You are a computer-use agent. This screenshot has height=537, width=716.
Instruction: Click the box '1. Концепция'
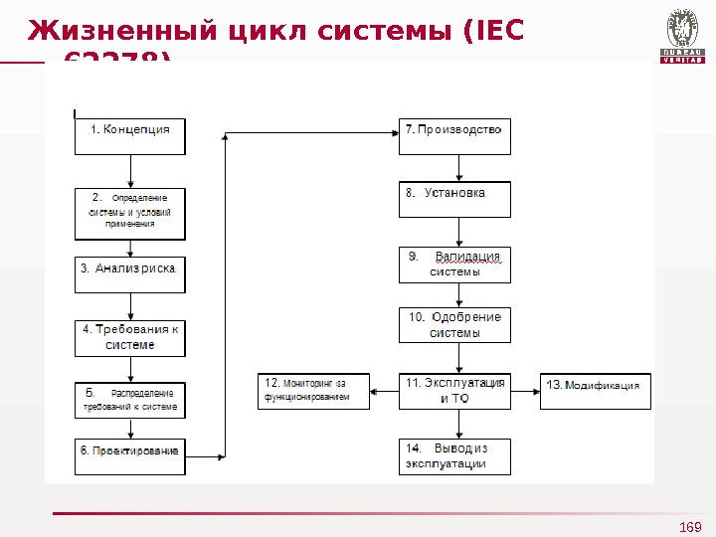pyautogui.click(x=130, y=137)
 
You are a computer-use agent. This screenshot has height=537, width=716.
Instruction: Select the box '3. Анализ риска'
pyautogui.click(x=130, y=274)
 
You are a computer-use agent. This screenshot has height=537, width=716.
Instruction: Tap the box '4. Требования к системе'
pyautogui.click(x=130, y=337)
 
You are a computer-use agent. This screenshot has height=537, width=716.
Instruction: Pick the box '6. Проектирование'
pyautogui.click(x=130, y=456)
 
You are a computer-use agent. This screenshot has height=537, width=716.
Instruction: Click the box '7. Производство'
pyautogui.click(x=454, y=137)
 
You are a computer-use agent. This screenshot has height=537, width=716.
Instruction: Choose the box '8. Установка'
pyautogui.click(x=454, y=199)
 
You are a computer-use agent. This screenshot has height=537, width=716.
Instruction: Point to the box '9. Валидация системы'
pyautogui.click(x=454, y=265)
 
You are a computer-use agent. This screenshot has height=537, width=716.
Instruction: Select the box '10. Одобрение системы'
pyautogui.click(x=454, y=325)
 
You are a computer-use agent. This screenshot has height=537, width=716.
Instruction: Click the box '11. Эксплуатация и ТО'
pyautogui.click(x=454, y=391)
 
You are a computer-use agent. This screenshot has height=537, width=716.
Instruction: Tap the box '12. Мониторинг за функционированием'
pyautogui.click(x=314, y=391)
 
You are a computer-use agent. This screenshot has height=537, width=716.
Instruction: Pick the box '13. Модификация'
pyautogui.click(x=595, y=391)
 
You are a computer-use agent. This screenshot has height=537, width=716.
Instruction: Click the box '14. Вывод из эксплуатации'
pyautogui.click(x=454, y=456)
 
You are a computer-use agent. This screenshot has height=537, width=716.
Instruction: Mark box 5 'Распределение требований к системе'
pyautogui.click(x=130, y=400)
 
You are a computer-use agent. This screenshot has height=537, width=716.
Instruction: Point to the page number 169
pyautogui.click(x=690, y=526)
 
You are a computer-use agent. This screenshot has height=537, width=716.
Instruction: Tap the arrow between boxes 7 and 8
pyautogui.click(x=458, y=168)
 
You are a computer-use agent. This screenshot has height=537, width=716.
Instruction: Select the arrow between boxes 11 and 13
pyautogui.click(x=525, y=391)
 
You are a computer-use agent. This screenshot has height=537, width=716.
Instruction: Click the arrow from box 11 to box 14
pyautogui.click(x=458, y=424)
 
